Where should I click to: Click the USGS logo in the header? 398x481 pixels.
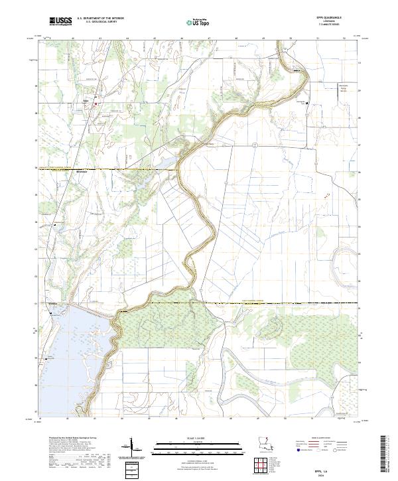(x=61, y=21)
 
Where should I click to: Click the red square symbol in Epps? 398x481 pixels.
(x=95, y=103)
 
